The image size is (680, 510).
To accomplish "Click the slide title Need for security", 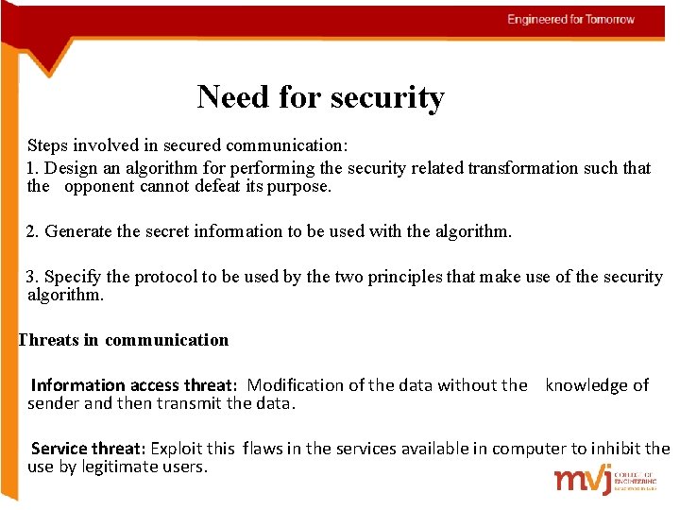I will coord(320,96).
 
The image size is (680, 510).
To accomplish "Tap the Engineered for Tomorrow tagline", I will coord(570,20).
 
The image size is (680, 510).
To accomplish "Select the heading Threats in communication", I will coord(124,340).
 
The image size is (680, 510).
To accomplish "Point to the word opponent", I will coord(99,186).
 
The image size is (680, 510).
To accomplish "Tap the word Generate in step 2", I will coord(77,230).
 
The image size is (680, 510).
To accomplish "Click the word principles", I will coord(404,277).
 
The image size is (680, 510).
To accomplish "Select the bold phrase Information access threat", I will coord(132,385).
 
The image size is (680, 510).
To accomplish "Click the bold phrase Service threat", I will coord(88,449).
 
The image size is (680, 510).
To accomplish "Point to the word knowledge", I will coord(587,385).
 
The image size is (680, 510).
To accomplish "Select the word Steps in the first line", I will coord(47,146).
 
